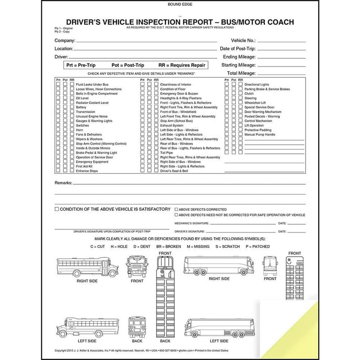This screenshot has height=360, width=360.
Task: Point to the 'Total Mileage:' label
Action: pyautogui.click(x=241, y=73)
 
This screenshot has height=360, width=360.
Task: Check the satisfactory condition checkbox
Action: pyautogui.click(x=57, y=209)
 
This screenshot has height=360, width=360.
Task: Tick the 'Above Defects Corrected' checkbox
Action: pyautogui.click(x=176, y=210)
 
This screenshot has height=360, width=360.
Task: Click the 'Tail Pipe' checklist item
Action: pyautogui.click(x=167, y=152)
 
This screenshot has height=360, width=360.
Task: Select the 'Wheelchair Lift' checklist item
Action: pyautogui.click(x=255, y=103)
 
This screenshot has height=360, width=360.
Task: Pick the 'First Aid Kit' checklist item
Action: pyautogui.click(x=84, y=166)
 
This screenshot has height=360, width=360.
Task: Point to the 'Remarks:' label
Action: pyautogui.click(x=63, y=182)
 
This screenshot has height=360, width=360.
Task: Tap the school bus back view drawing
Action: pyautogui.click(x=137, y=325)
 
